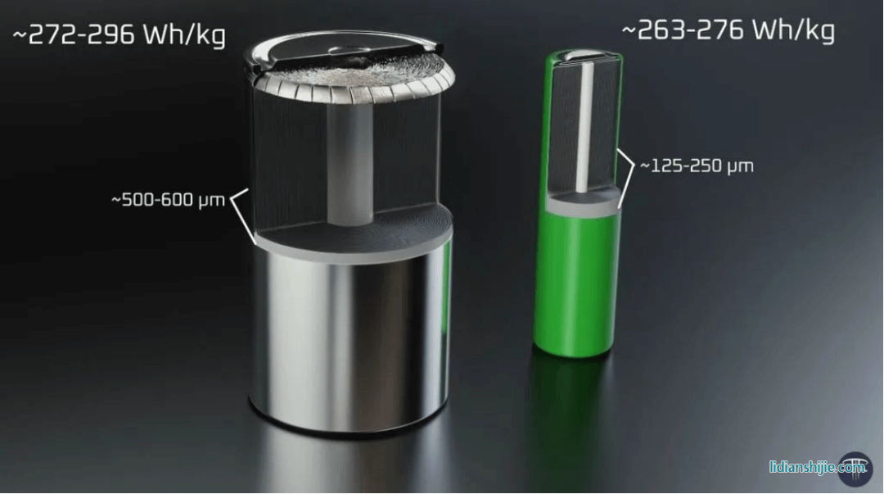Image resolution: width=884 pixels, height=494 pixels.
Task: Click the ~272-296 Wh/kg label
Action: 119,35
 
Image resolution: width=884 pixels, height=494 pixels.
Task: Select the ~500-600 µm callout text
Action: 168,200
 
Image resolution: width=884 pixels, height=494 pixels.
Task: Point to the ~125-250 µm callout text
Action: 697,166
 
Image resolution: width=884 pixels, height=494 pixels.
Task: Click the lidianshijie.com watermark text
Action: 817,467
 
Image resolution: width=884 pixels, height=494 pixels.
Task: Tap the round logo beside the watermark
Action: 855,469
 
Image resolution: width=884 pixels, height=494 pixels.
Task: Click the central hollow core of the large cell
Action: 350,165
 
